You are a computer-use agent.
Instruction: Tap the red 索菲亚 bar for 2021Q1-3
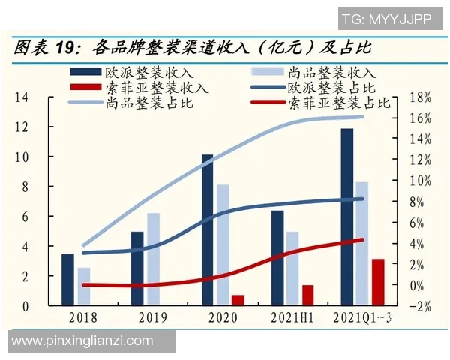coord(378,282)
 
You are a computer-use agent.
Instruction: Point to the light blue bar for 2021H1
coord(292,268)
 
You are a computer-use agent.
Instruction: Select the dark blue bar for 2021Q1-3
coord(346,217)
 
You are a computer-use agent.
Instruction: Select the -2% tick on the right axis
coord(421,306)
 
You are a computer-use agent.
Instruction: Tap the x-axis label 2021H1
coord(292,317)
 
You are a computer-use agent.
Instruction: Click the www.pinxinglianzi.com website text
coord(82,341)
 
